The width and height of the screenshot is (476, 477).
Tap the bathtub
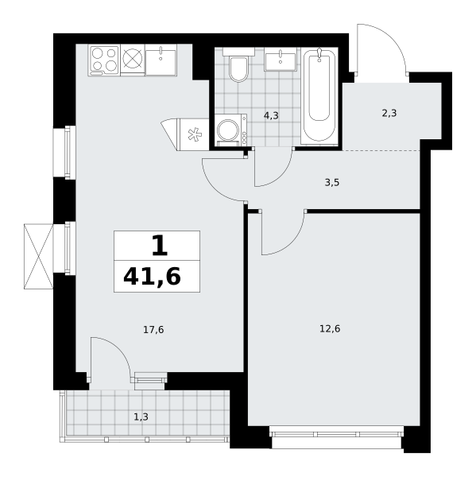(x=319, y=96)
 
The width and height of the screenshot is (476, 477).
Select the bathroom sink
(x=281, y=60)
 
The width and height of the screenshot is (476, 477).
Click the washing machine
(x=231, y=130)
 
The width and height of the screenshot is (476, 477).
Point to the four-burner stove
(x=104, y=60)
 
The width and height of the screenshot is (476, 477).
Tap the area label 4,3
(x=271, y=116)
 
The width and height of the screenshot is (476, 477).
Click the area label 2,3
(x=389, y=114)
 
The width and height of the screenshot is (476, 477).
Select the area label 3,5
(x=332, y=183)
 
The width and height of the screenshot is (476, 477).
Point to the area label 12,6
(x=330, y=329)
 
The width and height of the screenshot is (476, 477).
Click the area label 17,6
(x=153, y=329)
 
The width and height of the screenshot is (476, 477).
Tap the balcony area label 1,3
(x=141, y=417)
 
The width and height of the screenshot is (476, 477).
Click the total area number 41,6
(x=152, y=277)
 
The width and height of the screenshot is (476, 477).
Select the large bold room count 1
(x=160, y=246)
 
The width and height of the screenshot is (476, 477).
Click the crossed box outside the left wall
(x=38, y=256)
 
